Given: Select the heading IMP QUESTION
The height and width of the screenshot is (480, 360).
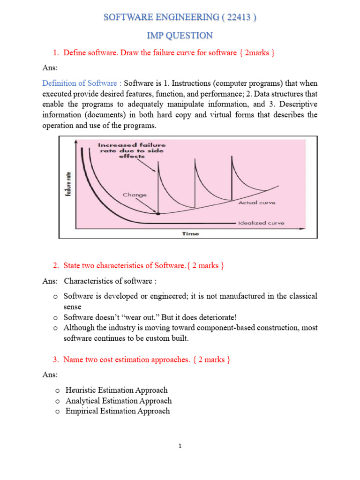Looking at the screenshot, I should tap(180, 36).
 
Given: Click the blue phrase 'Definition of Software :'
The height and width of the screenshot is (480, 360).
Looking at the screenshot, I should tap(82, 83).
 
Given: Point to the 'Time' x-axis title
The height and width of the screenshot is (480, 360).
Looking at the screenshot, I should tap(190, 233).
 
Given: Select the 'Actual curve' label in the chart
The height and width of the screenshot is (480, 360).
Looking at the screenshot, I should tap(257, 203).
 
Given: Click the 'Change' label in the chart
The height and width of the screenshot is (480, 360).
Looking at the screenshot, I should tap(135, 194).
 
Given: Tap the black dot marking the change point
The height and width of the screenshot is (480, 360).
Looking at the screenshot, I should tap(157, 213).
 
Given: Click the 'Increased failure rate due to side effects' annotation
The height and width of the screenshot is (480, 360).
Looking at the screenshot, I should tap(132, 151).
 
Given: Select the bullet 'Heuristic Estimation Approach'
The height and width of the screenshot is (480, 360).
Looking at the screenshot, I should tap(117, 390).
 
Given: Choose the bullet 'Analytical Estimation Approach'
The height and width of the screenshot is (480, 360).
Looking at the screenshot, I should tap(119, 401).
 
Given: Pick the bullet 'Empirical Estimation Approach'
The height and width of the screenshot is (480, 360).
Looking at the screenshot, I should tap(118, 411).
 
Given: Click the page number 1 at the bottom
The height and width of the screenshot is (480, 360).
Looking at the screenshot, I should tap(180, 446).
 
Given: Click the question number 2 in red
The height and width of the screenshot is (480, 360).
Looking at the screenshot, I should tap(55, 266).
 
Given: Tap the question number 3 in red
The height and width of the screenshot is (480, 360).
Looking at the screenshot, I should tap(55, 360).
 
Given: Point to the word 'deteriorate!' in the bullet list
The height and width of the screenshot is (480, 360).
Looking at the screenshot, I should tap(210, 317).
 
